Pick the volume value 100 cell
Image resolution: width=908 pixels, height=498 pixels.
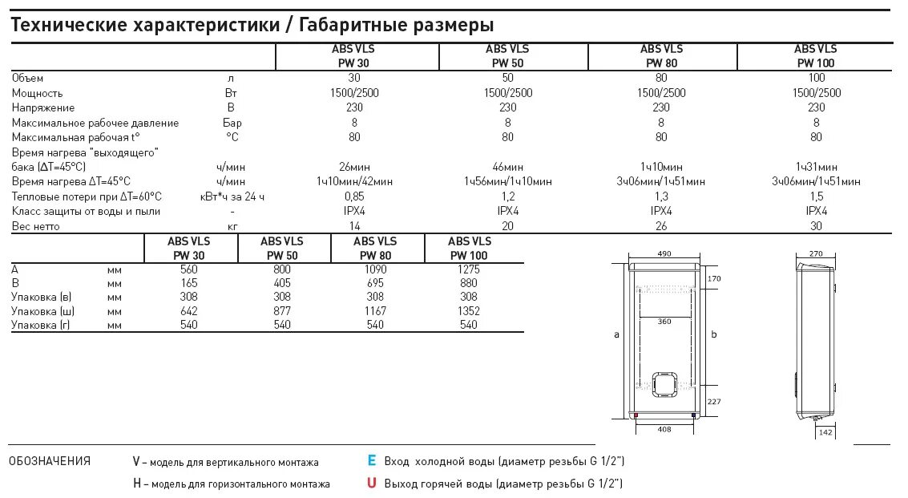point(817,78)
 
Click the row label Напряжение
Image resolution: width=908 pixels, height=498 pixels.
point(43,107)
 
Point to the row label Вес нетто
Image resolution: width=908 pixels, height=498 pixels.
point(36,227)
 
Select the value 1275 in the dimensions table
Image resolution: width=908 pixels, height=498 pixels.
point(468,269)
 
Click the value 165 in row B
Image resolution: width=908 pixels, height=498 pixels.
point(189,284)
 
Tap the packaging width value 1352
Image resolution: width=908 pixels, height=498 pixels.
point(468,310)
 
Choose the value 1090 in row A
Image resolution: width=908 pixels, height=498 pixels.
point(374,269)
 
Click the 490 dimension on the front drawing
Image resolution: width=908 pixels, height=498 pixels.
point(664,253)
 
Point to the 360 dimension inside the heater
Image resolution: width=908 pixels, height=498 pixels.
point(664,322)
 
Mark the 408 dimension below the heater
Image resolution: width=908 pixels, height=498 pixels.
point(664,430)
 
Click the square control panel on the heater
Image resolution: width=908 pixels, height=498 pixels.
point(666,384)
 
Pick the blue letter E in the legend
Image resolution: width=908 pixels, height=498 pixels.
point(372,461)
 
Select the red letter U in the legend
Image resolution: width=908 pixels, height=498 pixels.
point(372,484)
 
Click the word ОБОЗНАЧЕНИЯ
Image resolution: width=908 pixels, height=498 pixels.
point(50,461)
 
